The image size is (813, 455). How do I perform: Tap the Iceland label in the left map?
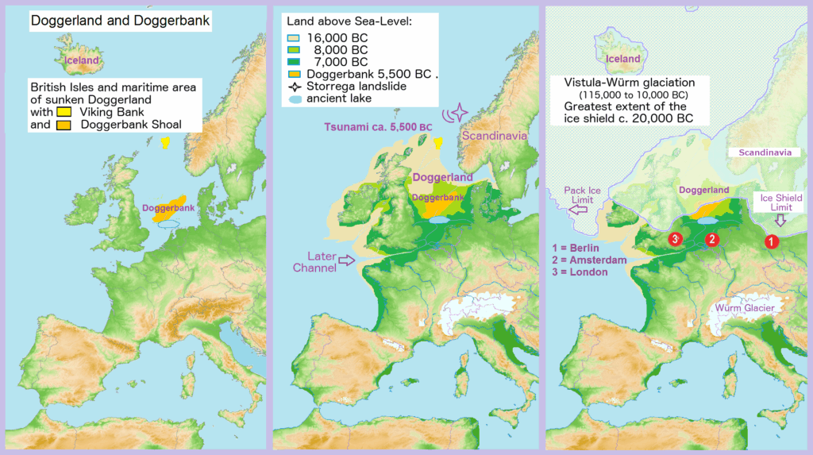[81, 60]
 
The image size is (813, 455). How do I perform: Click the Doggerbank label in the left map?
[164, 208]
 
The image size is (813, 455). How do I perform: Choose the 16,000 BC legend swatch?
[293, 37]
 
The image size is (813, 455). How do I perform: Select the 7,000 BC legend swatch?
[293, 62]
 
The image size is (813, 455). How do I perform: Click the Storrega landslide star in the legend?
[293, 87]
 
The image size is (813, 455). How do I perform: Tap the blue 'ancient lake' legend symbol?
[293, 99]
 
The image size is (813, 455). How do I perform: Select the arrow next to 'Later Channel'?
[348, 260]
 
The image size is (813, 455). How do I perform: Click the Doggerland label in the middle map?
[441, 177]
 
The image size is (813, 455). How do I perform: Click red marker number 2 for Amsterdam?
[712, 239]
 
